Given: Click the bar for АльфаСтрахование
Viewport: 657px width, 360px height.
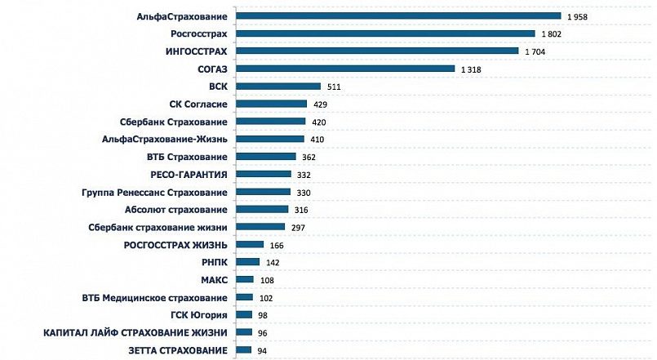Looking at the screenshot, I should pyautogui.click(x=397, y=16).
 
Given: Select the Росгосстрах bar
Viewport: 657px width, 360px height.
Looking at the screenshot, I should pyautogui.click(x=384, y=33).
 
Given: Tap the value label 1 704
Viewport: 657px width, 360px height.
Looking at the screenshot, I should pyautogui.click(x=535, y=51).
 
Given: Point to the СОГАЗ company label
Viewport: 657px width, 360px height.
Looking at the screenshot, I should pyautogui.click(x=212, y=69).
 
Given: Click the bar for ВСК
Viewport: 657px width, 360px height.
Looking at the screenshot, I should pyautogui.click(x=277, y=87).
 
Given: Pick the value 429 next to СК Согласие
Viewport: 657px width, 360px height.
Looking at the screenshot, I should pyautogui.click(x=319, y=104).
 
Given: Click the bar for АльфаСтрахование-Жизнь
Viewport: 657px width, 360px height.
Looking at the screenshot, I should pyautogui.click(x=269, y=140).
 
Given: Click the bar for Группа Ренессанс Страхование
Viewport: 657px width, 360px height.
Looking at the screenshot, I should pyautogui.click(x=263, y=192).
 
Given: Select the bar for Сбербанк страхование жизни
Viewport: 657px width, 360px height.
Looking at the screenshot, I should pyautogui.click(x=260, y=227).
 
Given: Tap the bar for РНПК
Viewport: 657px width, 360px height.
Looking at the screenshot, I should pyautogui.click(x=247, y=262).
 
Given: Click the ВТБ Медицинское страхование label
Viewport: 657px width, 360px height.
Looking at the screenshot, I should pyautogui.click(x=155, y=298).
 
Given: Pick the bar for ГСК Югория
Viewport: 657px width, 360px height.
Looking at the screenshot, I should pyautogui.click(x=243, y=315).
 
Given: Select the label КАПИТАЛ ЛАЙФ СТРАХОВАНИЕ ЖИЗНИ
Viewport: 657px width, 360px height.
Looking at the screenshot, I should pyautogui.click(x=135, y=333).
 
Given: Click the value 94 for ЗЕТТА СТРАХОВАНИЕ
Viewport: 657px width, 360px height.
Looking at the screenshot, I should pyautogui.click(x=261, y=351).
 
